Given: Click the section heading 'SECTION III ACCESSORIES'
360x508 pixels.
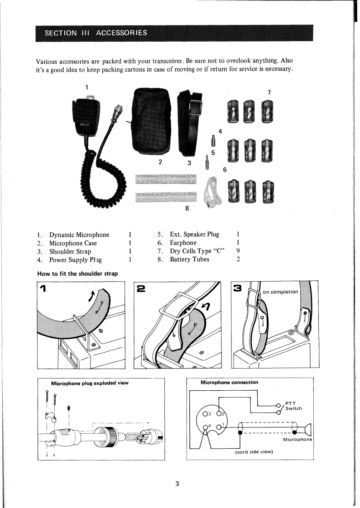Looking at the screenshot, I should tap(95, 34).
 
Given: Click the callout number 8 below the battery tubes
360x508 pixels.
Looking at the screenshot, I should tap(187, 209).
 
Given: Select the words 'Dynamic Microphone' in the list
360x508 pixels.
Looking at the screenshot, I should tap(79, 235).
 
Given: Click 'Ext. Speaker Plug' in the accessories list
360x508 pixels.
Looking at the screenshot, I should tap(194, 235).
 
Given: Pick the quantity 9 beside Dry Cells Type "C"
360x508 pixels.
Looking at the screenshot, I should tap(238, 251).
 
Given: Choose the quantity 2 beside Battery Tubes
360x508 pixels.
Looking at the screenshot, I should tap(238, 259).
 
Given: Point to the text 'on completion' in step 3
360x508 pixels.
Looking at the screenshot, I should tap(280, 292).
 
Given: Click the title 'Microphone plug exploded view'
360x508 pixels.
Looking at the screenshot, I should tap(90, 383).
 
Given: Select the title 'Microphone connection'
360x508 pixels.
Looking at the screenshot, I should tap(229, 383).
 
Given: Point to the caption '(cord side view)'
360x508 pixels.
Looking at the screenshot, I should tap(252, 452).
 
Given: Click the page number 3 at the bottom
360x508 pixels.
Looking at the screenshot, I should tap(178, 484).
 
